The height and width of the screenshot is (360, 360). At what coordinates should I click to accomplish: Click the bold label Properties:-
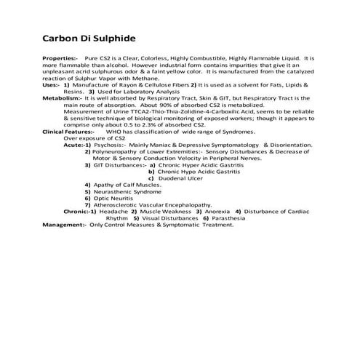(60, 57)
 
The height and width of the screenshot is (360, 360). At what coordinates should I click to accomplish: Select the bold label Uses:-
(52, 86)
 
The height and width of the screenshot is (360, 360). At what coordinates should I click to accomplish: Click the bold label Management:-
(64, 225)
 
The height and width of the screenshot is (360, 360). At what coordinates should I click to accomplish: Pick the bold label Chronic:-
(78, 211)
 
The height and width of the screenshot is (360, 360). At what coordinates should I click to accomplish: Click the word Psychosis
(109, 145)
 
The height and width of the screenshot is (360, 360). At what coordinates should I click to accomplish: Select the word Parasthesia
(233, 218)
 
